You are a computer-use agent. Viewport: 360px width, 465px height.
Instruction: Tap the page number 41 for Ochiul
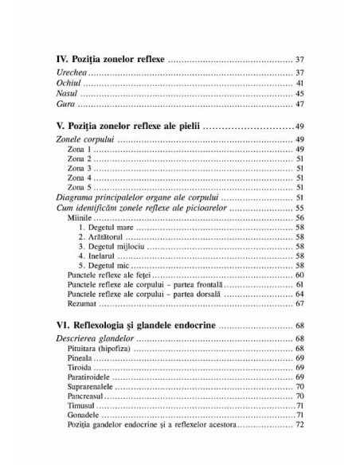pyautogui.click(x=299, y=83)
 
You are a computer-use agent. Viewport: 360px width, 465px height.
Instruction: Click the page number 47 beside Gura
pyautogui.click(x=299, y=104)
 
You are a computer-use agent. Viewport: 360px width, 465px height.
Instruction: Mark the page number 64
pyautogui.click(x=299, y=294)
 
